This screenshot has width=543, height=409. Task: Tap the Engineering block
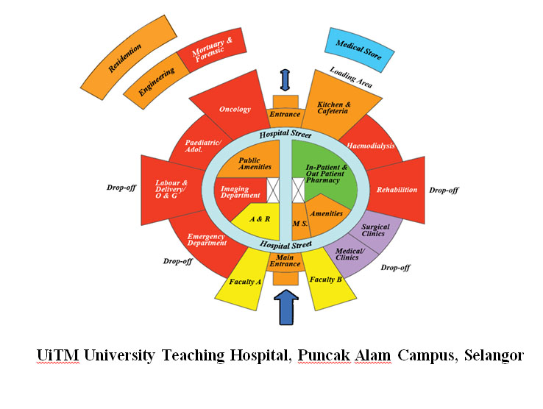[x=157, y=80]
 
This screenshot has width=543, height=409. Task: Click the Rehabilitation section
[x=397, y=190]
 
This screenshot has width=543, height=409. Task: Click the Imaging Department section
[x=241, y=192]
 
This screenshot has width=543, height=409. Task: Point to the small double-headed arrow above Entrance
[x=285, y=79]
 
